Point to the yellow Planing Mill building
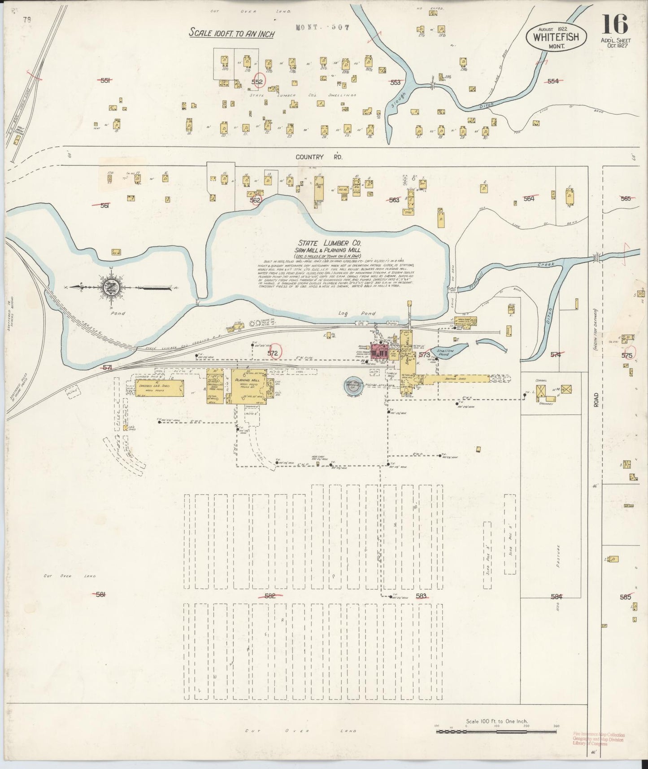coord(250,386)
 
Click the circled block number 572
coord(273,354)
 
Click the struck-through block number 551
coord(105,80)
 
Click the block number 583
coord(421,596)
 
